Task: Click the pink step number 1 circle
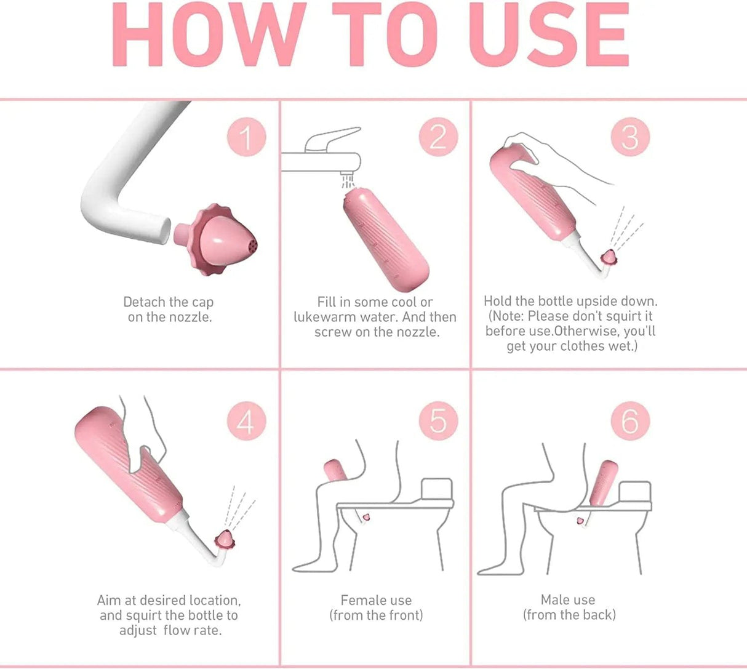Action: [246, 137]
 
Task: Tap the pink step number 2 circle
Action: [439, 137]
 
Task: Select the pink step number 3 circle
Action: [630, 137]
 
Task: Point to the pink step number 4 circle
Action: [246, 422]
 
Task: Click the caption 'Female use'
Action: [376, 600]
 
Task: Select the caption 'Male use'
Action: [568, 599]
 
